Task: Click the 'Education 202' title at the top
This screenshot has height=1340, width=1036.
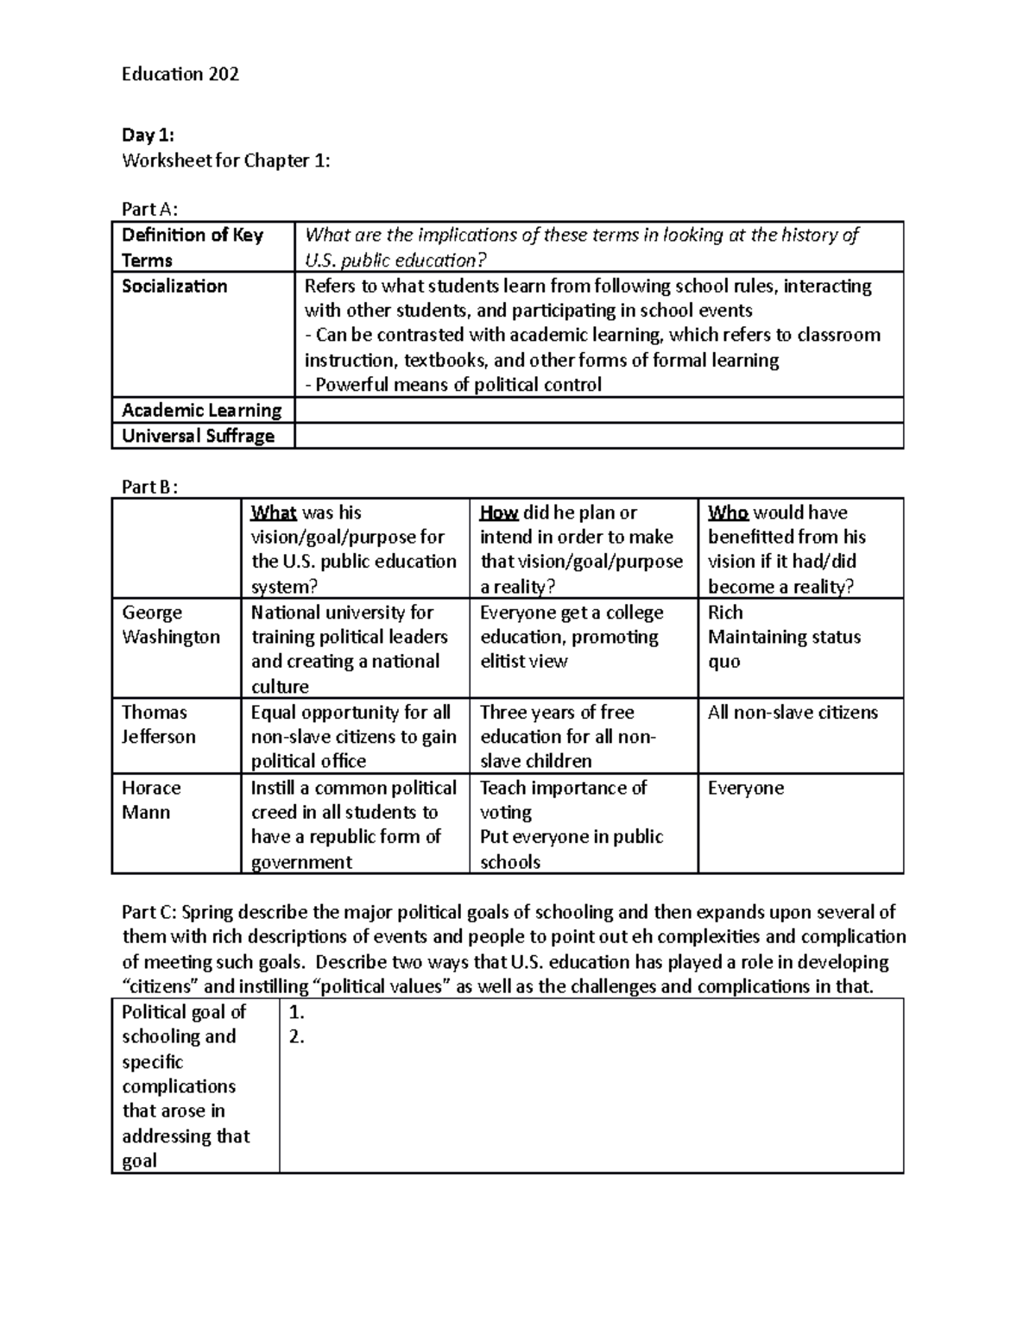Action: point(180,74)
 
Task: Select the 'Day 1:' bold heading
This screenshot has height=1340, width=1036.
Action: point(148,135)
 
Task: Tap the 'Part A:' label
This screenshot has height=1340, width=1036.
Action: point(150,209)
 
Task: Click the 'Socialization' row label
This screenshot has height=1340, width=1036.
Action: point(174,286)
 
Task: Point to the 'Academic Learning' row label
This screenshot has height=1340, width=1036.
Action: point(201,411)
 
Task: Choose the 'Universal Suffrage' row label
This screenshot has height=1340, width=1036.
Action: point(198,436)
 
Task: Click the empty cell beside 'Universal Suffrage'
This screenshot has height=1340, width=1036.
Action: point(598,436)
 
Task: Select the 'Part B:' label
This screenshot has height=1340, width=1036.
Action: point(150,487)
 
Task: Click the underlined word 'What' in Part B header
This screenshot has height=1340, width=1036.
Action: point(273,513)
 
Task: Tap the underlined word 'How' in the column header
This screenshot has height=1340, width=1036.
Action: point(499,513)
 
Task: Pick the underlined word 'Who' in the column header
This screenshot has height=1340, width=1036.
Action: point(728,513)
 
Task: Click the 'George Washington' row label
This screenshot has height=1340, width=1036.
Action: point(171,625)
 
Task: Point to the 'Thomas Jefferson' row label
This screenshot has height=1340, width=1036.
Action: point(158,725)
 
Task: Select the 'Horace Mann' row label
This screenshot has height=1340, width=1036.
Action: point(151,800)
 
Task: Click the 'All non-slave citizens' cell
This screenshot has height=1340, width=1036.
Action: point(793,713)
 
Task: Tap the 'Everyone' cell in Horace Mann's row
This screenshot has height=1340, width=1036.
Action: point(746,788)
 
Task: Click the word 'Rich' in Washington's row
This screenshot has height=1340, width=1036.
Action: point(725,613)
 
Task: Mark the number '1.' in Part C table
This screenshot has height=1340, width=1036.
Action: point(297,1012)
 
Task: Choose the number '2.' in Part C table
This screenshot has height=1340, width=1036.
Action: point(297,1037)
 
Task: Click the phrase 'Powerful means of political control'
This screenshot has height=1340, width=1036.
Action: point(458,385)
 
